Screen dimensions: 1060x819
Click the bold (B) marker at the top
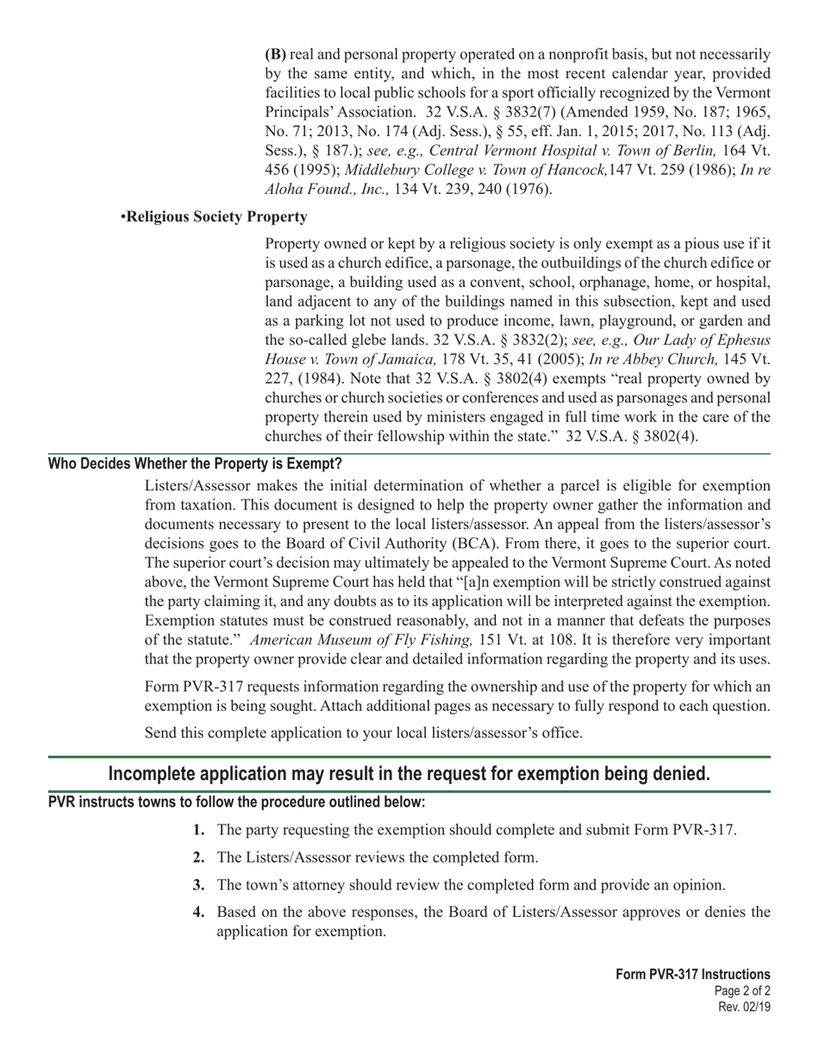pyautogui.click(x=275, y=53)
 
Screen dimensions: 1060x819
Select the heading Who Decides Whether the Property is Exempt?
pyautogui.click(x=195, y=464)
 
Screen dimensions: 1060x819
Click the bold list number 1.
pyautogui.click(x=198, y=830)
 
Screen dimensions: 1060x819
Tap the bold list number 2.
pyautogui.click(x=198, y=857)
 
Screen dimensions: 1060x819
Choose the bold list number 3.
pyautogui.click(x=198, y=885)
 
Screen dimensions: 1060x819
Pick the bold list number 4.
pyautogui.click(x=198, y=913)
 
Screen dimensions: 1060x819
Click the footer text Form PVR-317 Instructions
pyautogui.click(x=693, y=975)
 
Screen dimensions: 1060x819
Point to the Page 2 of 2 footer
pyautogui.click(x=742, y=991)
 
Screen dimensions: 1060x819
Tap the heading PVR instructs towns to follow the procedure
pyautogui.click(x=236, y=802)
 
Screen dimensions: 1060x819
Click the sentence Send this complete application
pyautogui.click(x=363, y=733)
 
